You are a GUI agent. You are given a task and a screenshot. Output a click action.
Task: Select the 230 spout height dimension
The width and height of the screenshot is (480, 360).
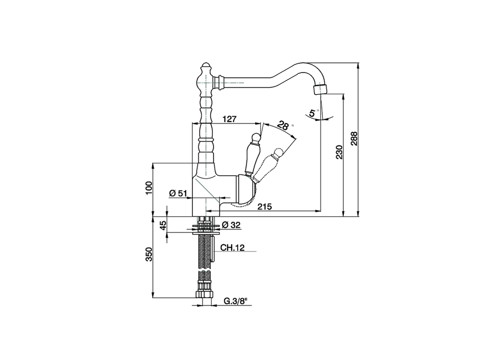click(339, 152)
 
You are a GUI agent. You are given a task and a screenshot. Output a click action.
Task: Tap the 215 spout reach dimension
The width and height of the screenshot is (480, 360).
click(264, 207)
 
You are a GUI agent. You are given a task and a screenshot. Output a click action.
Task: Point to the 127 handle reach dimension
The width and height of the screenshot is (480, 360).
click(229, 119)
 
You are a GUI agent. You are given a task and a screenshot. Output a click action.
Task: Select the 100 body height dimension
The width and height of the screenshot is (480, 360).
click(148, 187)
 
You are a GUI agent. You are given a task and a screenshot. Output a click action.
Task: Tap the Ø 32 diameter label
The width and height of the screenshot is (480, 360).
click(231, 225)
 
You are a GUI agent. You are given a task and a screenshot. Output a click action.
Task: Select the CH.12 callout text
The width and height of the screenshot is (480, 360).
click(232, 247)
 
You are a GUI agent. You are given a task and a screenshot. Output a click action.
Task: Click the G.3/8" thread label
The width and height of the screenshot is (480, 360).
click(236, 301)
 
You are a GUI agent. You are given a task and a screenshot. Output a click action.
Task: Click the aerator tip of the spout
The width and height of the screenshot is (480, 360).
click(320, 89)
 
